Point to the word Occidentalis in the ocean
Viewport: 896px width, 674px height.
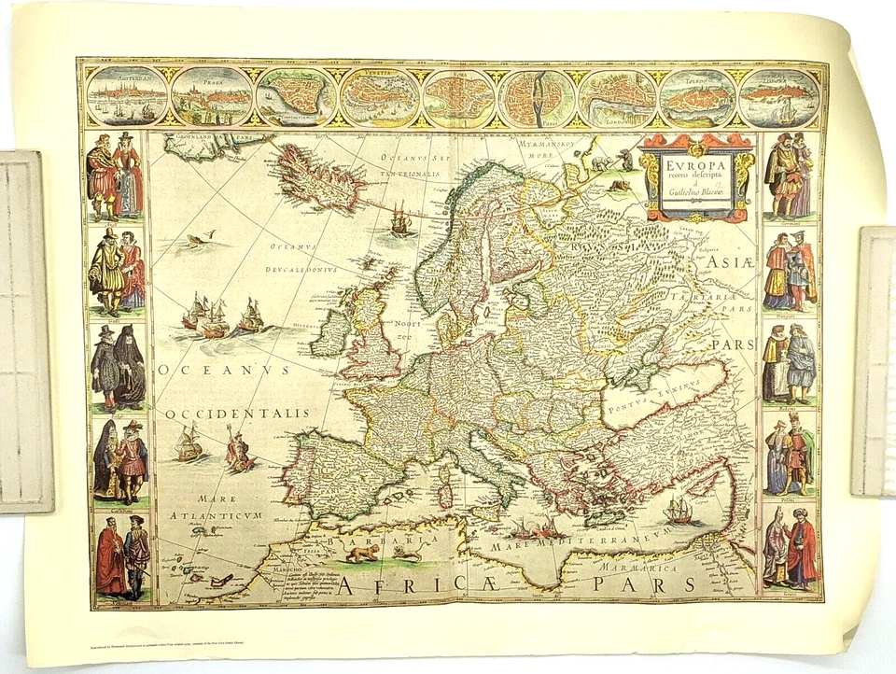237,413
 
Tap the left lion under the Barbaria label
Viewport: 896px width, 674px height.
361,553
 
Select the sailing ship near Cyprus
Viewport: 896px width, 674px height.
678,510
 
